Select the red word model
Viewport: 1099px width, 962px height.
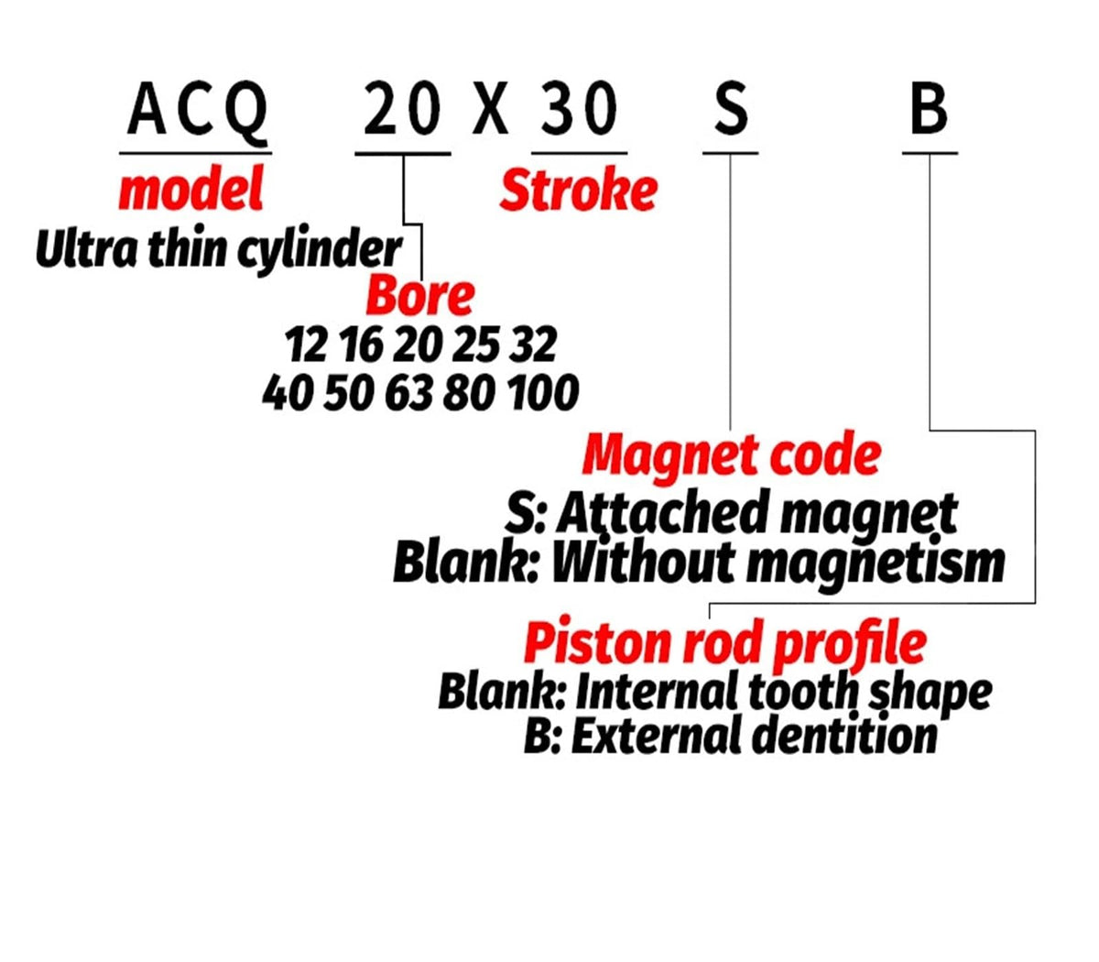[x=191, y=189]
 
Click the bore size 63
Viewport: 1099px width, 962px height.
[x=408, y=393]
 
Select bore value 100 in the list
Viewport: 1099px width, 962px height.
[x=543, y=393]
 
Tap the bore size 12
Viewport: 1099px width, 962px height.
[x=305, y=344]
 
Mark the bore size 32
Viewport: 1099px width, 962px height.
[x=532, y=344]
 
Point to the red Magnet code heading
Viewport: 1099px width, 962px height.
[x=732, y=455]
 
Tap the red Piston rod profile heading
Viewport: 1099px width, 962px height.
[x=725, y=644]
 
